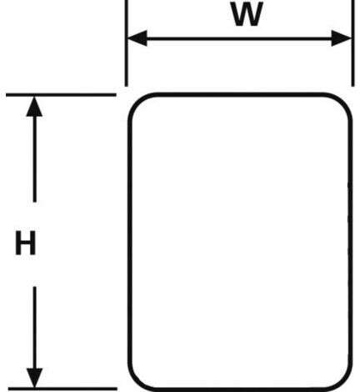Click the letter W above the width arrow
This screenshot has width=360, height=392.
(247, 15)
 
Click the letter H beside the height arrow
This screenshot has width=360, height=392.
(25, 243)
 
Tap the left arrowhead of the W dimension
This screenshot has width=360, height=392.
(137, 38)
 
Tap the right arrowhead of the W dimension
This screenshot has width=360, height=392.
(342, 38)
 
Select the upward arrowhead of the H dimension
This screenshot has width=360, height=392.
(34, 107)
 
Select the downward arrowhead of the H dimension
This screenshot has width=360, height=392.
(34, 378)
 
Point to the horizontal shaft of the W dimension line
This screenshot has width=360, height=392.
(239, 38)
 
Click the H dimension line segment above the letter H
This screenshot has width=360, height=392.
(34, 159)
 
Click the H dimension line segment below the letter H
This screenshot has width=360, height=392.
(35, 328)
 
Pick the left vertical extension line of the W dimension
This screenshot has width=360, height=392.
(126, 43)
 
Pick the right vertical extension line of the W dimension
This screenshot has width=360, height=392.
(352, 43)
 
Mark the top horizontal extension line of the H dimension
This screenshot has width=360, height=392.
(61, 95)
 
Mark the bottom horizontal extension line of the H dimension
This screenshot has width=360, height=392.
(62, 389)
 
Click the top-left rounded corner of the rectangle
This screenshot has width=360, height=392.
(136, 102)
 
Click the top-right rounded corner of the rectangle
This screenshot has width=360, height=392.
(344, 101)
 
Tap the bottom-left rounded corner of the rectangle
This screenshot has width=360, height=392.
(136, 383)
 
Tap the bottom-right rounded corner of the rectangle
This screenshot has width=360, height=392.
(345, 383)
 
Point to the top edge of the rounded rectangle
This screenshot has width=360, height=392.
(240, 94)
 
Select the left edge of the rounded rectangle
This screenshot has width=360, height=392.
(129, 242)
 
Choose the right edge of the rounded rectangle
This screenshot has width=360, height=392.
(351, 242)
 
